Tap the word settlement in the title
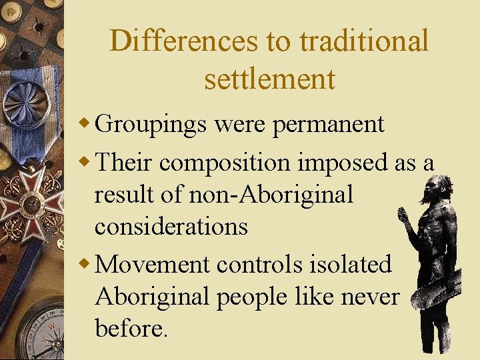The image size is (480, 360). coord(269,79)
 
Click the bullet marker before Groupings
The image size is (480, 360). coord(84,124)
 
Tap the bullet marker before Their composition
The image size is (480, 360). coord(84,162)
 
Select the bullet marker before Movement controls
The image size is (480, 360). coord(84,264)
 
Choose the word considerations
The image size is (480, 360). coord(171,227)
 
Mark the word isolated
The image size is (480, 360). coord(352,264)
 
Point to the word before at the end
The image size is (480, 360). coord(130,328)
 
